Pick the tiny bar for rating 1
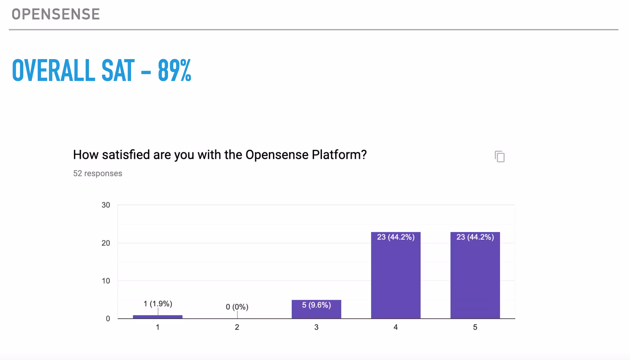tap(158, 317)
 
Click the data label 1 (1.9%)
tap(158, 304)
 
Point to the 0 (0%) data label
tap(237, 307)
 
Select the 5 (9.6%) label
tap(316, 305)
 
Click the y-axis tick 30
tap(106, 205)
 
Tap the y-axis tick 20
tap(106, 243)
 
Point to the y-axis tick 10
tap(106, 281)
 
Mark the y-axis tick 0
tap(108, 319)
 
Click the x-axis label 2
tap(237, 327)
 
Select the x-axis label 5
tap(475, 327)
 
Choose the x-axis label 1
tap(158, 327)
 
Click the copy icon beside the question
tap(500, 156)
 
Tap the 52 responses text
tap(97, 173)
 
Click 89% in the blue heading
tap(174, 71)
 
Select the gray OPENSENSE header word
tap(56, 14)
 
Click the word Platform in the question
tap(339, 155)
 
